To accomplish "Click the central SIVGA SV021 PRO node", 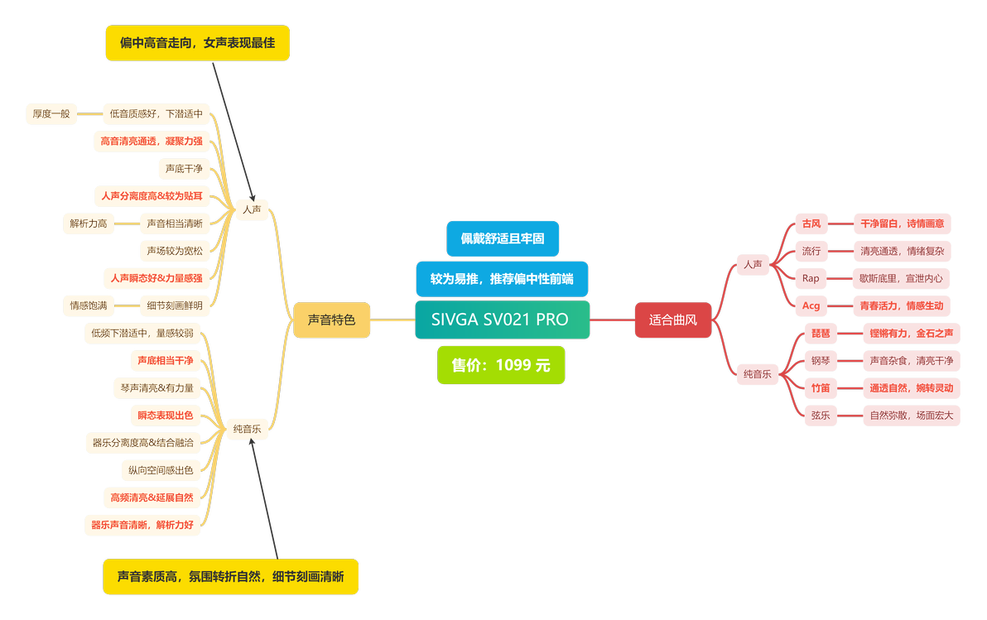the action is point(503,320).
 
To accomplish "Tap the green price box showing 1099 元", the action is point(501,365).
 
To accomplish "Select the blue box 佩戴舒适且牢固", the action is point(503,238).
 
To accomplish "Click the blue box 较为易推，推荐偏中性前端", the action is point(502,279).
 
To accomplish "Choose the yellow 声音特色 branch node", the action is point(332,320).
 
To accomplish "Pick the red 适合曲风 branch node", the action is point(673,320).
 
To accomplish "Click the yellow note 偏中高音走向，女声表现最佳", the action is point(198,43).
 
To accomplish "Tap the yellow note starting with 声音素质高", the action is point(230,577).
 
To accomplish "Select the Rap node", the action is point(811,278).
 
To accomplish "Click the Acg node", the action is point(811,306).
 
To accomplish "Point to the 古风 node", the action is point(811,223).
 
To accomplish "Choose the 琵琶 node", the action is point(821,333).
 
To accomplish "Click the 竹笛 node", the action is point(821,387).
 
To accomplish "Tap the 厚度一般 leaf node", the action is point(51,114).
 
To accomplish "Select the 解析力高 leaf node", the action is point(88,223).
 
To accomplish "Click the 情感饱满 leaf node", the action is point(88,306).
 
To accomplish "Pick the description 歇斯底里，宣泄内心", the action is point(901,278).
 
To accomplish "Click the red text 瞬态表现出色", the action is point(166,416).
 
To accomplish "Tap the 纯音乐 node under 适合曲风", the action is point(758,374).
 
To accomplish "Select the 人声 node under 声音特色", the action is point(252,209).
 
